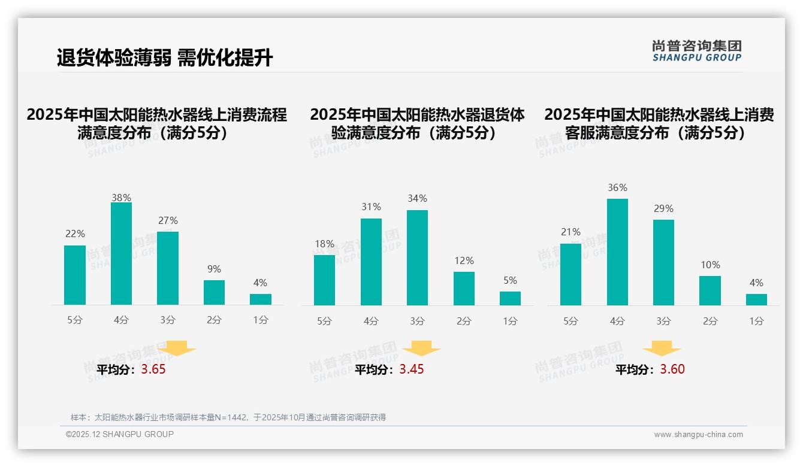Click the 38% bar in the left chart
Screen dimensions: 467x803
click(x=121, y=254)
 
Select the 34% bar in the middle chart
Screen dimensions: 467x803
click(x=417, y=257)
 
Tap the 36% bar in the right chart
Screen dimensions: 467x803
click(x=617, y=252)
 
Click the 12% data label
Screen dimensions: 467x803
click(x=464, y=261)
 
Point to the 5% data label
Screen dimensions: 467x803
click(x=510, y=281)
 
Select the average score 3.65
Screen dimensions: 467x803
click(x=153, y=369)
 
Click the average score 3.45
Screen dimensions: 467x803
click(x=412, y=369)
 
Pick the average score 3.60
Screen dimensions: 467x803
click(x=672, y=369)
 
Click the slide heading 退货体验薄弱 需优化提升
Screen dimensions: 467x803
click(x=165, y=57)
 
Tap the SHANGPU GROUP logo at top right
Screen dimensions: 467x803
click(x=697, y=51)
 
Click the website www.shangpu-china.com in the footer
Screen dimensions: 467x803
click(x=698, y=435)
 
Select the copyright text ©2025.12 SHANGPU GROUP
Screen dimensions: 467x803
click(x=120, y=434)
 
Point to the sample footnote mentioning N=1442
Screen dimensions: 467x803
click(x=228, y=417)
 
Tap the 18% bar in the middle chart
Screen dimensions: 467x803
click(x=324, y=280)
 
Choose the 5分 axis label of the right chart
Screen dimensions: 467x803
click(x=570, y=322)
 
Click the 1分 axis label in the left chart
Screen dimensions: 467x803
click(x=261, y=320)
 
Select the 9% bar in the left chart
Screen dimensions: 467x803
click(x=214, y=293)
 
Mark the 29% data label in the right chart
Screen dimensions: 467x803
click(x=663, y=209)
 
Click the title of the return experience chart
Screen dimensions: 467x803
click(x=417, y=124)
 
